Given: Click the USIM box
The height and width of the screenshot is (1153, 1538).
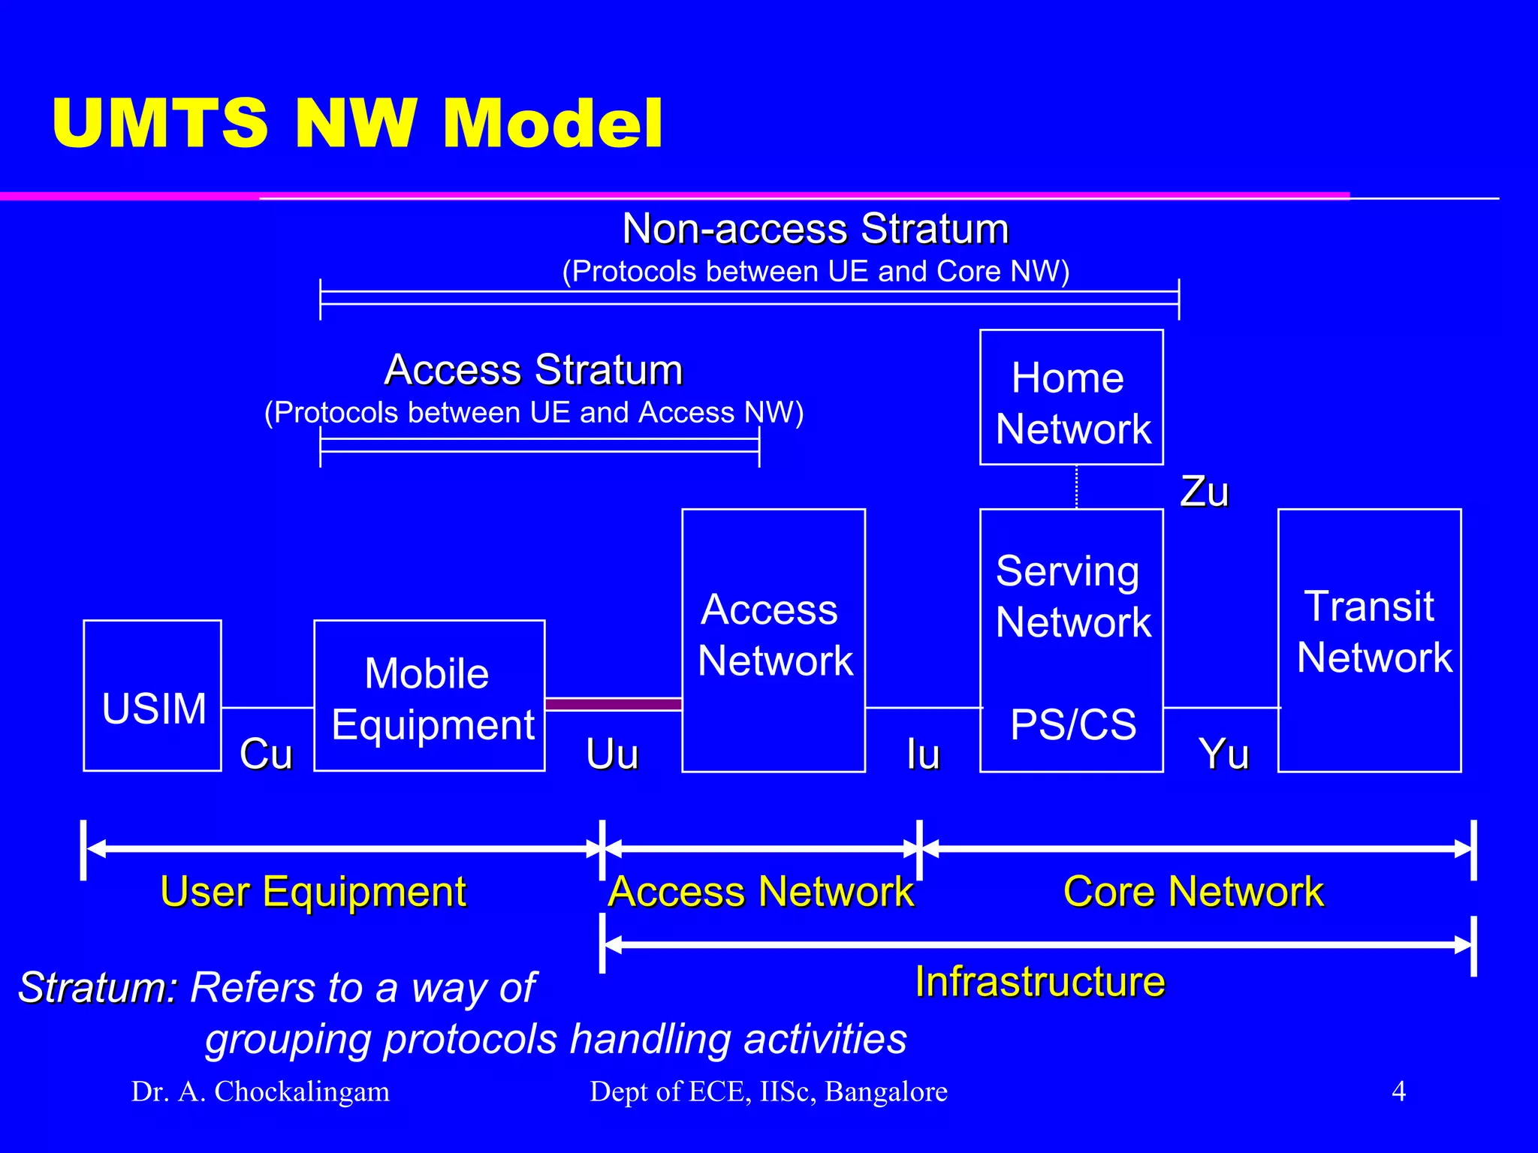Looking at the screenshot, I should tap(152, 695).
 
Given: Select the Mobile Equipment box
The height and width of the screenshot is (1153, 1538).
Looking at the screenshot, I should tap(430, 695).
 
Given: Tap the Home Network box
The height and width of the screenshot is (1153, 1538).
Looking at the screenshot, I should tap(1072, 398).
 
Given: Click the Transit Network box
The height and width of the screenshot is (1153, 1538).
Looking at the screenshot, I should tap(1369, 640).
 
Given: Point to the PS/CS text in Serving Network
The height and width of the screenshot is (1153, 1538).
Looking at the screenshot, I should tap(1073, 724).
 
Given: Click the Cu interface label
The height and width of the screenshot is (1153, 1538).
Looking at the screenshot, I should tap(266, 754).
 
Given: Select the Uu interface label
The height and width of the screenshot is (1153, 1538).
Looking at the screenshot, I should tap(612, 754).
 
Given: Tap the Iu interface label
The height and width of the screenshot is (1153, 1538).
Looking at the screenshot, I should tap(923, 754).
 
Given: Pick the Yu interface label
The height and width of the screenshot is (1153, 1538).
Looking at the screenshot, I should tap(1223, 754).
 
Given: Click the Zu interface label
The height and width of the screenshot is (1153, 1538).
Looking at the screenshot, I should tap(1205, 492).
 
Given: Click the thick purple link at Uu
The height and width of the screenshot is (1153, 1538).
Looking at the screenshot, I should tap(613, 704).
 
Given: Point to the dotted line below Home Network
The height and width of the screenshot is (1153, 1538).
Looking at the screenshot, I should tap(1077, 486).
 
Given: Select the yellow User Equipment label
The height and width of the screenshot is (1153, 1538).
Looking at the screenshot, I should tap(313, 892).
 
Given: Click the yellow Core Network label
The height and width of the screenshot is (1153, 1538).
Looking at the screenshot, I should tap(1193, 892).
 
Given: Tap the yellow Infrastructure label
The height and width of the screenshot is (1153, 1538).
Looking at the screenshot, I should tap(1039, 982).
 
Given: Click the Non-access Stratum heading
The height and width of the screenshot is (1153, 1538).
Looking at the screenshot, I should tap(816, 228).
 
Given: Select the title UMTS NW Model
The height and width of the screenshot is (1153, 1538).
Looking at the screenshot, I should tap(357, 123).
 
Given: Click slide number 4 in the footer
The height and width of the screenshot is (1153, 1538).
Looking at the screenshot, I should tap(1398, 1091).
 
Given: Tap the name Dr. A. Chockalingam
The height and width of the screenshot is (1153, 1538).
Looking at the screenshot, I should tap(261, 1091).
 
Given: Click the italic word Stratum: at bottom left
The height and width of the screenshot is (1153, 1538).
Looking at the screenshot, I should tap(98, 987).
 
